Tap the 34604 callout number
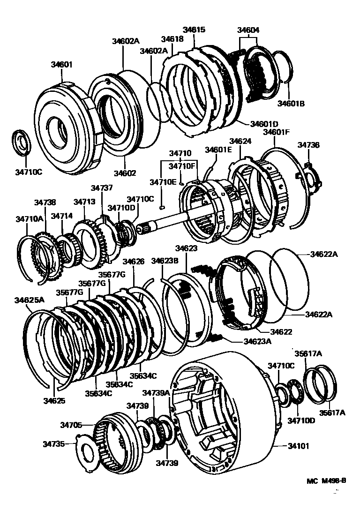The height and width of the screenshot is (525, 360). (248, 31)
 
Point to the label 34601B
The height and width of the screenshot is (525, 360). (291, 104)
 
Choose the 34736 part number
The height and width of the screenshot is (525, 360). (308, 146)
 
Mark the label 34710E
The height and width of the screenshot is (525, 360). (163, 182)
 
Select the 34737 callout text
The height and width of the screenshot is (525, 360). (102, 187)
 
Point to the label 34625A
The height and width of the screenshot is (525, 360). (29, 300)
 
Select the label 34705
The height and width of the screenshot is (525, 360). (71, 425)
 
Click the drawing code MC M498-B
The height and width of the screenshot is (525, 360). (327, 480)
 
